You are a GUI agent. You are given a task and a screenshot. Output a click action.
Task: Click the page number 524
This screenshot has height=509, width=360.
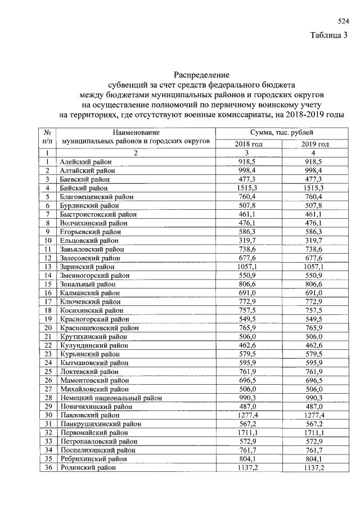[343, 21]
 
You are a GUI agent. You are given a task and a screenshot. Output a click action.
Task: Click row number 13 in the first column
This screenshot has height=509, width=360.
[48, 267]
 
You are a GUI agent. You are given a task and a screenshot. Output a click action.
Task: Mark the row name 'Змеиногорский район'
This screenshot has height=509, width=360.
[94, 276]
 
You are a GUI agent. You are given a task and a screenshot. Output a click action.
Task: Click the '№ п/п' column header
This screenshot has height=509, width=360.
[48, 136]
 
